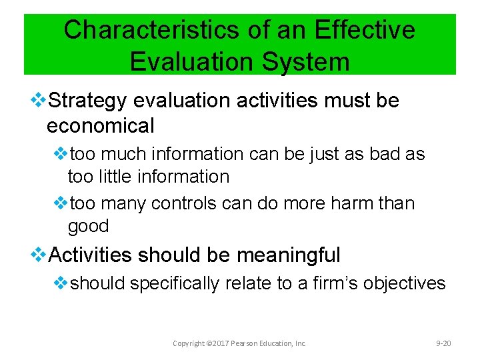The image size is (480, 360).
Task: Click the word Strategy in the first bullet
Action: click(87, 101)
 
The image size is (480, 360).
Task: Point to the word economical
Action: click(100, 125)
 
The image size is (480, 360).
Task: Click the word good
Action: click(88, 226)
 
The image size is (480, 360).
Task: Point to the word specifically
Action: click(174, 283)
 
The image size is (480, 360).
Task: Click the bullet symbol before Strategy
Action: click(39, 101)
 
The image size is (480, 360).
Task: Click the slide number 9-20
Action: click(443, 343)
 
